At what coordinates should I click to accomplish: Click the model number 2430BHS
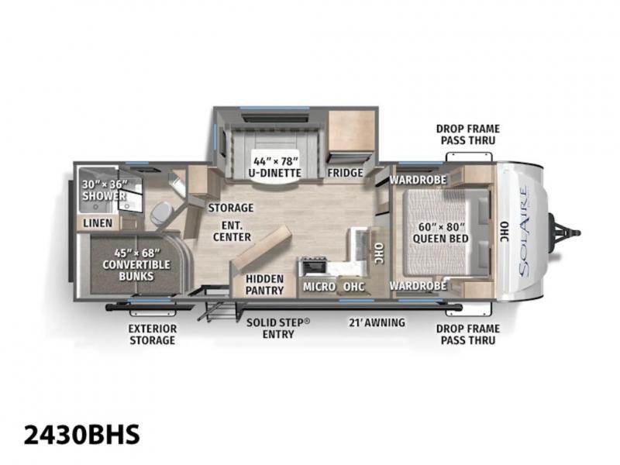[x=82, y=434]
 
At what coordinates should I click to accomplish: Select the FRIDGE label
[x=345, y=173]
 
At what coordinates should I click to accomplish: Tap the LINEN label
[x=98, y=223]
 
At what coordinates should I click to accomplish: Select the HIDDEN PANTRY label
[x=264, y=284]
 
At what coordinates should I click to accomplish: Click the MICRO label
[x=319, y=287]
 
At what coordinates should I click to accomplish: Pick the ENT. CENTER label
[x=232, y=231]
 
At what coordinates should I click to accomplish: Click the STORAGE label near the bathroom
[x=231, y=208]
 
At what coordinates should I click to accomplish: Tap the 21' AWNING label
[x=377, y=322]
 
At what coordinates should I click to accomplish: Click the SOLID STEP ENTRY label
[x=278, y=328]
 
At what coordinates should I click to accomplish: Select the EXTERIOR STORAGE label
[x=153, y=334]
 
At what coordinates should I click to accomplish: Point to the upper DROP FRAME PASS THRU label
[x=468, y=134]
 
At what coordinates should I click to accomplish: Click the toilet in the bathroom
[x=161, y=213]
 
